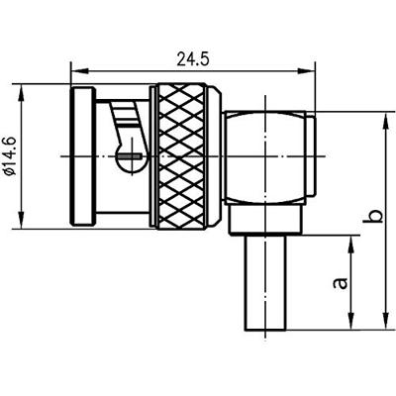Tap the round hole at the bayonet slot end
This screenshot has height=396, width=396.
129,155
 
